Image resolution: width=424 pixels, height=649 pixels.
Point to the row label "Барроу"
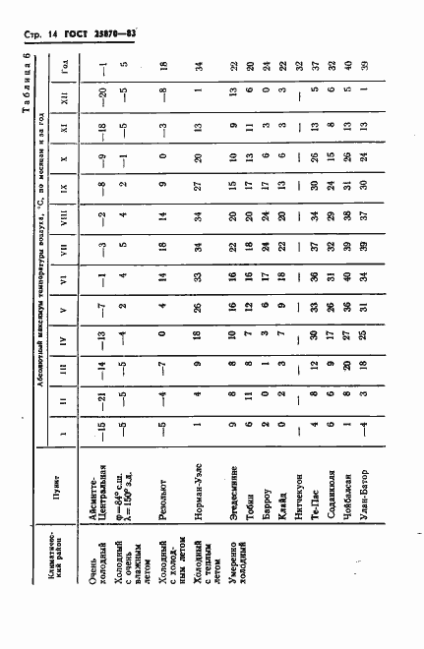click(270, 565)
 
